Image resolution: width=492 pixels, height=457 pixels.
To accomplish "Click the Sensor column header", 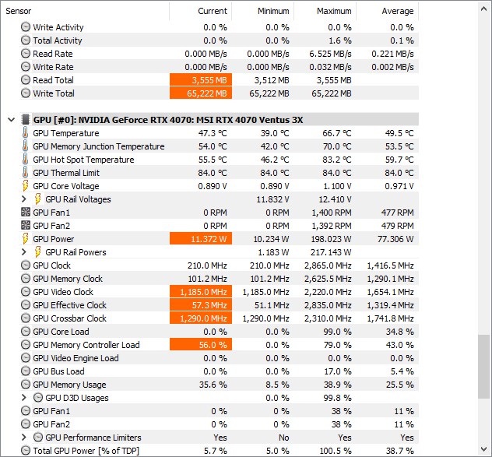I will tap(19, 11).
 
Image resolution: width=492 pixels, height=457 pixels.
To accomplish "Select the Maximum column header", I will tap(334, 11).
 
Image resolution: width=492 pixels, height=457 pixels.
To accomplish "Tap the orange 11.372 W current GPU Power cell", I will tap(200, 239).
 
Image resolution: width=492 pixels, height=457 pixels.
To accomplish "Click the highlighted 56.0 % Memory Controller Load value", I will tap(200, 345).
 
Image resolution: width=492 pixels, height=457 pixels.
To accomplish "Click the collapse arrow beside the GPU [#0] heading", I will tap(11, 120).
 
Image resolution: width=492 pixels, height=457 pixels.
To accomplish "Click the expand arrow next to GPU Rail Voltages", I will tap(24, 199).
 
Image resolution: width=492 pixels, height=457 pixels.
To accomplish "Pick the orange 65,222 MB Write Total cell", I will tap(200, 93).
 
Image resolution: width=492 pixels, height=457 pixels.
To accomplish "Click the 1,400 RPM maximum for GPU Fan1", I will tap(333, 213).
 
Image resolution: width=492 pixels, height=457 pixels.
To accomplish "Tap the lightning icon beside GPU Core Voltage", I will tap(25, 186).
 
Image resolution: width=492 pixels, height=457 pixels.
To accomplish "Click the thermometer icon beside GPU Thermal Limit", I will tap(25, 173).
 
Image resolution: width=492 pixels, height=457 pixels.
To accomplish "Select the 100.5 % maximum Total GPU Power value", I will tap(336, 451).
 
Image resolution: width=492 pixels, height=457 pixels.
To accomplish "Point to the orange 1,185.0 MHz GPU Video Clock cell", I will tap(200, 292).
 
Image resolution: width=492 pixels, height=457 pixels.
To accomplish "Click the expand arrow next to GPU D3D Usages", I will tap(24, 398).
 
